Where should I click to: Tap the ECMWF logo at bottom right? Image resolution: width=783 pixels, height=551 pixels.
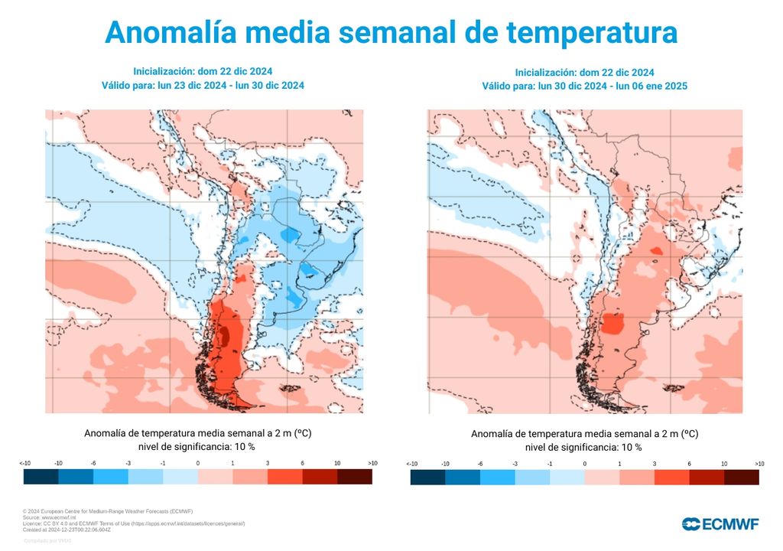pos(720,523)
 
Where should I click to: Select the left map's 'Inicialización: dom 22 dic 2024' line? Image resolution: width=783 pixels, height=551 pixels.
pos(203,71)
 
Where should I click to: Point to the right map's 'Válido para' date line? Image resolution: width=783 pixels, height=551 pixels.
pos(584,86)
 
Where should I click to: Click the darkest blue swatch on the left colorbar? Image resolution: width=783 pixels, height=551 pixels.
pos(41,477)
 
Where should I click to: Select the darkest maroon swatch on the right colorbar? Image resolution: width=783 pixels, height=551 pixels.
pos(741,478)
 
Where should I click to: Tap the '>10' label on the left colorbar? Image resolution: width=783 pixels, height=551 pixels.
pos(372,464)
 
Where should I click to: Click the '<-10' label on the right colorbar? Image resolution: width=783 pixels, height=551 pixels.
pos(412,464)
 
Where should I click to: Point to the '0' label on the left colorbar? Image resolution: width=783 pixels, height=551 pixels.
pos(197,464)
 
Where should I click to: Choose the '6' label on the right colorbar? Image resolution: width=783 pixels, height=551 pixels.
pos(689,464)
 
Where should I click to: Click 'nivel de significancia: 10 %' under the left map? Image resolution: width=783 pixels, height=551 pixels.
pos(197,446)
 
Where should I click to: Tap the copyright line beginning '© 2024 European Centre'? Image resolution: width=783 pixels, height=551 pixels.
pos(108,511)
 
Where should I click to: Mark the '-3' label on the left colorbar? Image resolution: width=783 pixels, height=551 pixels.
pos(128,464)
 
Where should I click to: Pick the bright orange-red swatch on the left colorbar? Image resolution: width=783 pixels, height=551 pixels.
pos(284,477)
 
